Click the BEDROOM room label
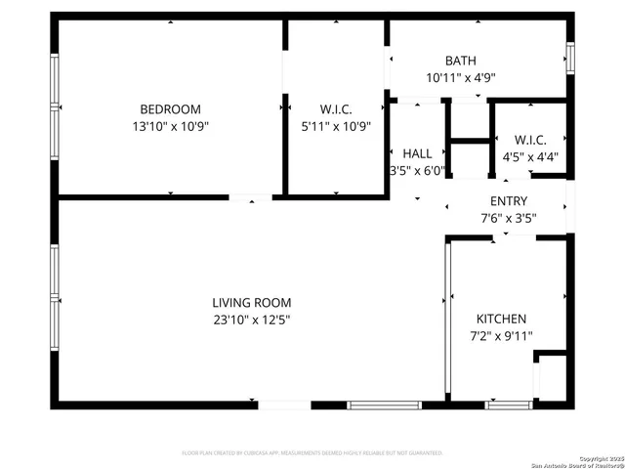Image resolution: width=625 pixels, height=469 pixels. pos(170,109)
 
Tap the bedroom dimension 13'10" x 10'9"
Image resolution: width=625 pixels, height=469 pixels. pos(170,126)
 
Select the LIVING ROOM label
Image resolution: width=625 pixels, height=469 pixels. pos(252,303)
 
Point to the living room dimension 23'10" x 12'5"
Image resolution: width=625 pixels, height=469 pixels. pos(252,320)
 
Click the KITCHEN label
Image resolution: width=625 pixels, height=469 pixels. pos(501,320)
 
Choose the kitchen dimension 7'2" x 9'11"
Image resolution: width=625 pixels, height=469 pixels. pos(501,336)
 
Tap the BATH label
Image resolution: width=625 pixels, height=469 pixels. pos(460,61)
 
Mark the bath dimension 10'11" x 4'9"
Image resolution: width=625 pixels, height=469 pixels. pos(460,77)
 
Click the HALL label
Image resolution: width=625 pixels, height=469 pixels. pos(417,153)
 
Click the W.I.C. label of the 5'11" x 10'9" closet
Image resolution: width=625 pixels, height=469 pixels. pos(335,109)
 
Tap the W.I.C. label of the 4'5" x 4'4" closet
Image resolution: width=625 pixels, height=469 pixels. pos(530,140)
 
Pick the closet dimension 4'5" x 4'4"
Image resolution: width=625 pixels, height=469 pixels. pos(530,156)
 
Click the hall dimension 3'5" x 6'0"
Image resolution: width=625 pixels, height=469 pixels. pos(417,170)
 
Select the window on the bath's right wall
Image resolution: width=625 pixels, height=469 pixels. pos(570,59)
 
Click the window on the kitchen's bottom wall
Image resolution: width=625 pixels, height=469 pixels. pos(508,404)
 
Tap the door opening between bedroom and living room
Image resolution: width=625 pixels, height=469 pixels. pos(251,198)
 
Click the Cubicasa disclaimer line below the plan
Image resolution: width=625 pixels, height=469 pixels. pos(312,453)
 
